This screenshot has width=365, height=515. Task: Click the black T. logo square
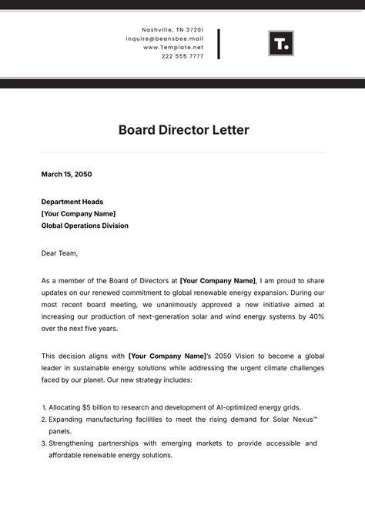coord(281,43)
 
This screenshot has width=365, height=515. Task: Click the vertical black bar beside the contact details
coord(219,44)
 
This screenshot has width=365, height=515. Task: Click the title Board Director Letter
coord(183,130)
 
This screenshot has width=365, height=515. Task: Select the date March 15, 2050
coord(66,175)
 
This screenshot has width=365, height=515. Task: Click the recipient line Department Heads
coord(72,202)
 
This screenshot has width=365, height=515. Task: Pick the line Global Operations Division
coord(85,226)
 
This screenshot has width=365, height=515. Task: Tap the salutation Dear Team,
coord(59,252)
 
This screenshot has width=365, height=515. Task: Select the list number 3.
coord(43,443)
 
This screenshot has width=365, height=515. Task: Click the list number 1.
coord(43,406)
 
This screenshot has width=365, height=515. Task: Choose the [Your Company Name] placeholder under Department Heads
coord(78,213)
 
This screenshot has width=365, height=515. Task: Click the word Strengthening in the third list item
coord(75,443)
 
